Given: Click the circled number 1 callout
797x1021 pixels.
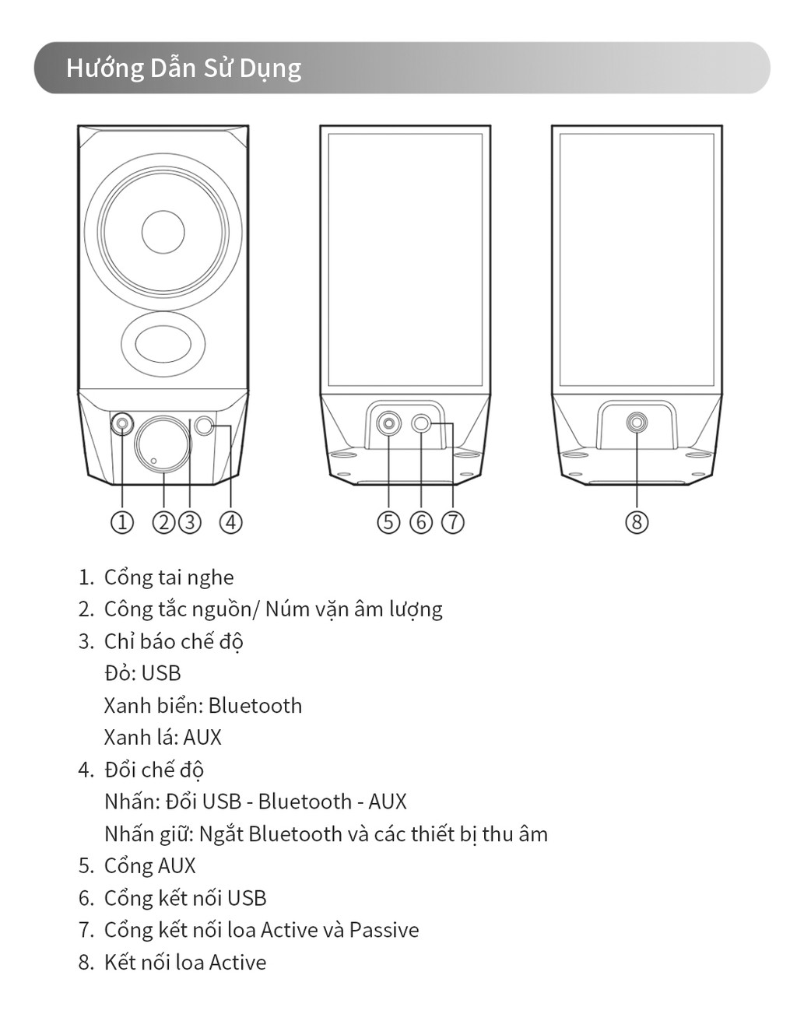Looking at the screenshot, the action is pos(121,521).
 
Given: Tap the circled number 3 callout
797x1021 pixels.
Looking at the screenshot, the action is pos(189,521).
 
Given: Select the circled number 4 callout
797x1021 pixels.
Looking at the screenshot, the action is pos(230,521).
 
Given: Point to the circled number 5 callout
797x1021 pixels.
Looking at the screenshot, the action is pos(388,521).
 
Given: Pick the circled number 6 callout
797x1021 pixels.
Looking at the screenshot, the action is pos(421,521).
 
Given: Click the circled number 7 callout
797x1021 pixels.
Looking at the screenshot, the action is pos(453,521).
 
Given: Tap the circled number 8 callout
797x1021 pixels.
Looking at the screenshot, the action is pos(637,521).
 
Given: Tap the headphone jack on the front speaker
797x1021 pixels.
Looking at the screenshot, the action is pos(122,424).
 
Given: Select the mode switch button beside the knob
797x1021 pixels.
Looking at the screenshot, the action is pos(205,425).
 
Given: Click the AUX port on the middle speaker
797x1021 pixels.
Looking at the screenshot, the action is pos(388,424).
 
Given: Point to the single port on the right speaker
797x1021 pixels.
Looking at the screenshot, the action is pos(637,423).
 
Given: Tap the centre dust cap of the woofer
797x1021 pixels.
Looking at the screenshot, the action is pos(163,231).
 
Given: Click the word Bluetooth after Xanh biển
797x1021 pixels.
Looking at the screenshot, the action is pos(255,706).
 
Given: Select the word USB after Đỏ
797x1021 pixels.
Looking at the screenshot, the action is pos(161,673).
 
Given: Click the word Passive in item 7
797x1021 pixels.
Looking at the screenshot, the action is pos(384,930).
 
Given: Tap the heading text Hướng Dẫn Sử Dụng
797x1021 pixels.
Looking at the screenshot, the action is pos(184,68).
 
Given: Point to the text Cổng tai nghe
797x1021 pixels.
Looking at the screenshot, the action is pos(169,577).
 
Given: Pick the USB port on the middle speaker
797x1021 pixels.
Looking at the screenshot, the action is pos(421,423).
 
